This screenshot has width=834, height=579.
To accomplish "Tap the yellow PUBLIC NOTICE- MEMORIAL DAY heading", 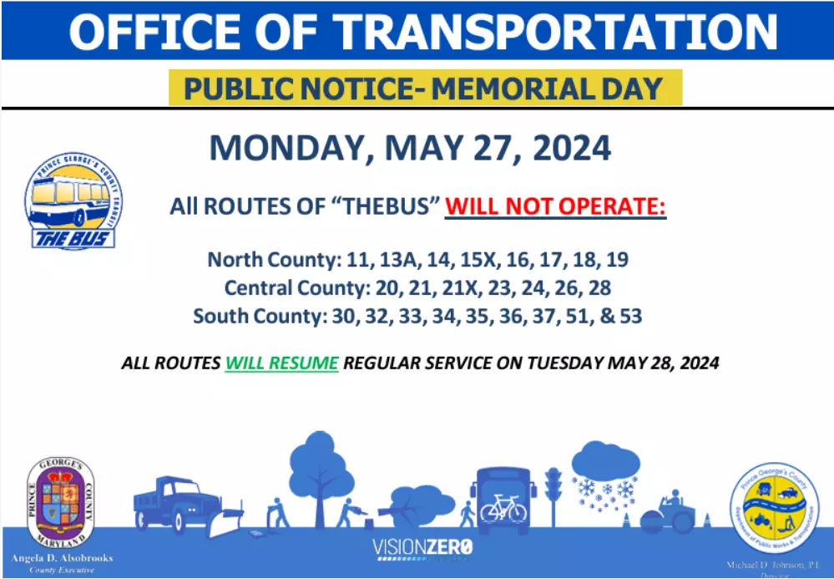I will (425, 89).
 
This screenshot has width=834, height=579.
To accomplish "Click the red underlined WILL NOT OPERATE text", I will (555, 206).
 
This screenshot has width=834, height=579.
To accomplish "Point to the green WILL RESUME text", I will (281, 363).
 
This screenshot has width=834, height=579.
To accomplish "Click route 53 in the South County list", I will (628, 317).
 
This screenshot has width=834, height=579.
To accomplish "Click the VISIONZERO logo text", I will (422, 548).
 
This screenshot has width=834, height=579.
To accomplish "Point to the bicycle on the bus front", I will (503, 506).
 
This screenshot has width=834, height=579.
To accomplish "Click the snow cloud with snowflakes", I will (604, 476).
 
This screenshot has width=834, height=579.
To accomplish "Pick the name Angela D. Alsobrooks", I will (62, 557).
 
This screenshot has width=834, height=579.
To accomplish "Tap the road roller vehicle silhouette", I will (671, 513).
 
